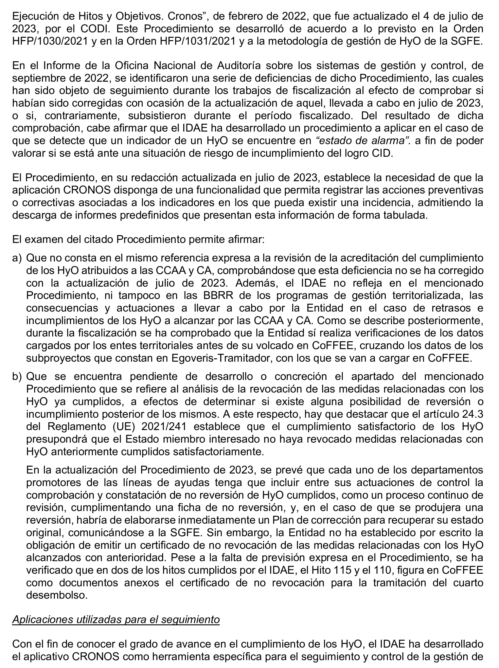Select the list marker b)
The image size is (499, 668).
pos(17,376)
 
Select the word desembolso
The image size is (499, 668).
pos(57,595)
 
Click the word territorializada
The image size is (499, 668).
pos(426,295)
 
